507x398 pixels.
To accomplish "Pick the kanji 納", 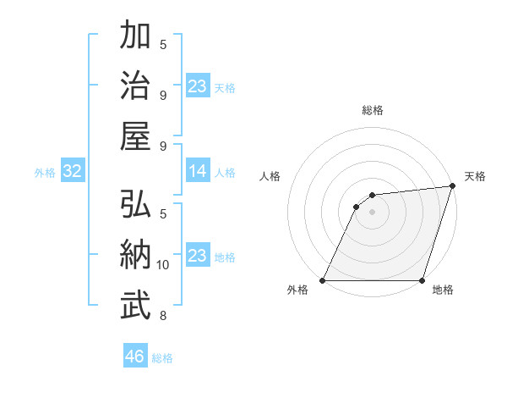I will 136,255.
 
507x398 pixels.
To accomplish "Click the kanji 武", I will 136,305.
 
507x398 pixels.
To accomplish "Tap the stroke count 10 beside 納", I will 163,265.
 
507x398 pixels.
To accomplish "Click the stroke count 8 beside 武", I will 163,316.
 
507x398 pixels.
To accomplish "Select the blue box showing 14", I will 198,171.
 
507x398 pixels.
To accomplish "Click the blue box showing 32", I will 73,171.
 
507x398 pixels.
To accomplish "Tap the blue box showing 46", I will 135,357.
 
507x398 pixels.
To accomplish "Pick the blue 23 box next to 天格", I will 198,86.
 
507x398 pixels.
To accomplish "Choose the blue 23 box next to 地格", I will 198,256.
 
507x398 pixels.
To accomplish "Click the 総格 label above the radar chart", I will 372,110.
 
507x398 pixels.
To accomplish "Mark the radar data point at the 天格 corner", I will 452,186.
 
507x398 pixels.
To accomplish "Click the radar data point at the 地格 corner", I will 422,280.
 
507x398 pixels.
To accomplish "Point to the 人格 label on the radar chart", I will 270,176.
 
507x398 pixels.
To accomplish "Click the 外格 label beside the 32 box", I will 45,172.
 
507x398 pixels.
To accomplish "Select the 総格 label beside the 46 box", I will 162,357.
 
